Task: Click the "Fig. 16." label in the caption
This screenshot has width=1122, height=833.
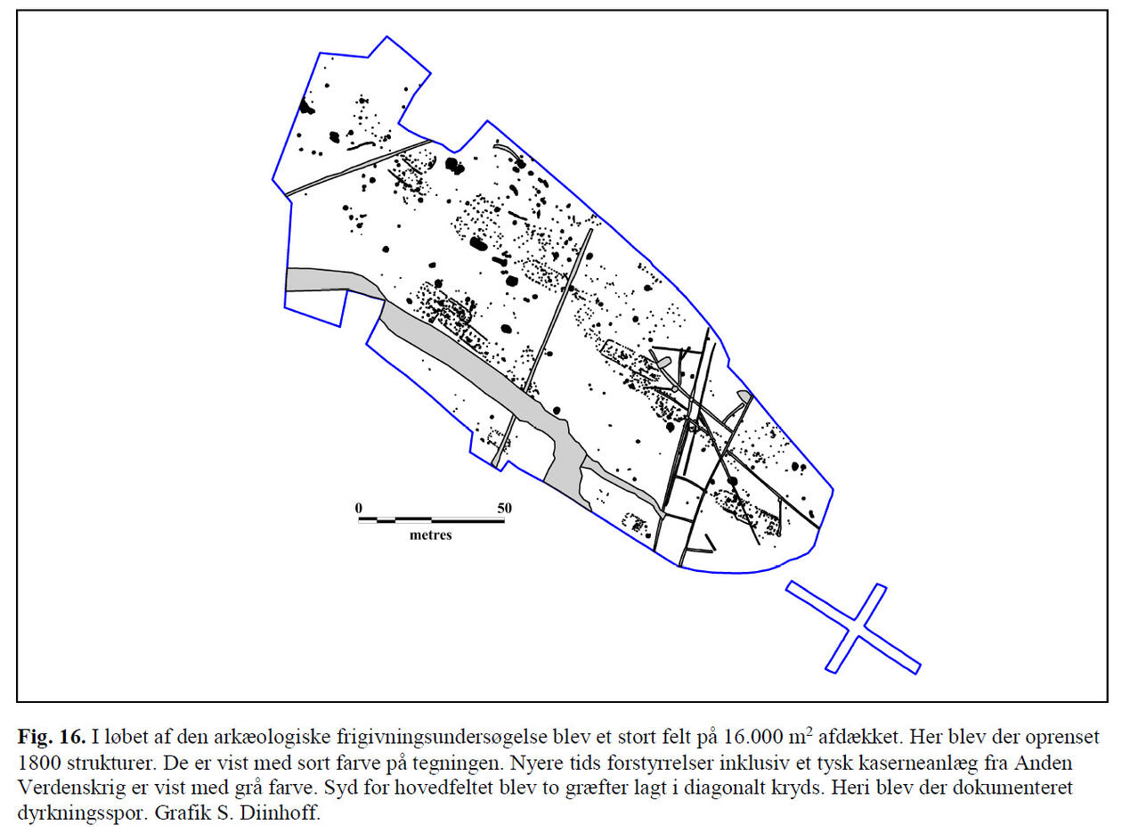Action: (x=51, y=739)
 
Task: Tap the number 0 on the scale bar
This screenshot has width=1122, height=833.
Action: (x=359, y=508)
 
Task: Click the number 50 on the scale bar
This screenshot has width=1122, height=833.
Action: (x=504, y=508)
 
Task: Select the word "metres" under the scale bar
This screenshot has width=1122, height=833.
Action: (x=431, y=535)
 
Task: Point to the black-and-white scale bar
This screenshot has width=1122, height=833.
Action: (x=431, y=519)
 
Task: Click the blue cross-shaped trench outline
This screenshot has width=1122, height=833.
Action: (x=853, y=627)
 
